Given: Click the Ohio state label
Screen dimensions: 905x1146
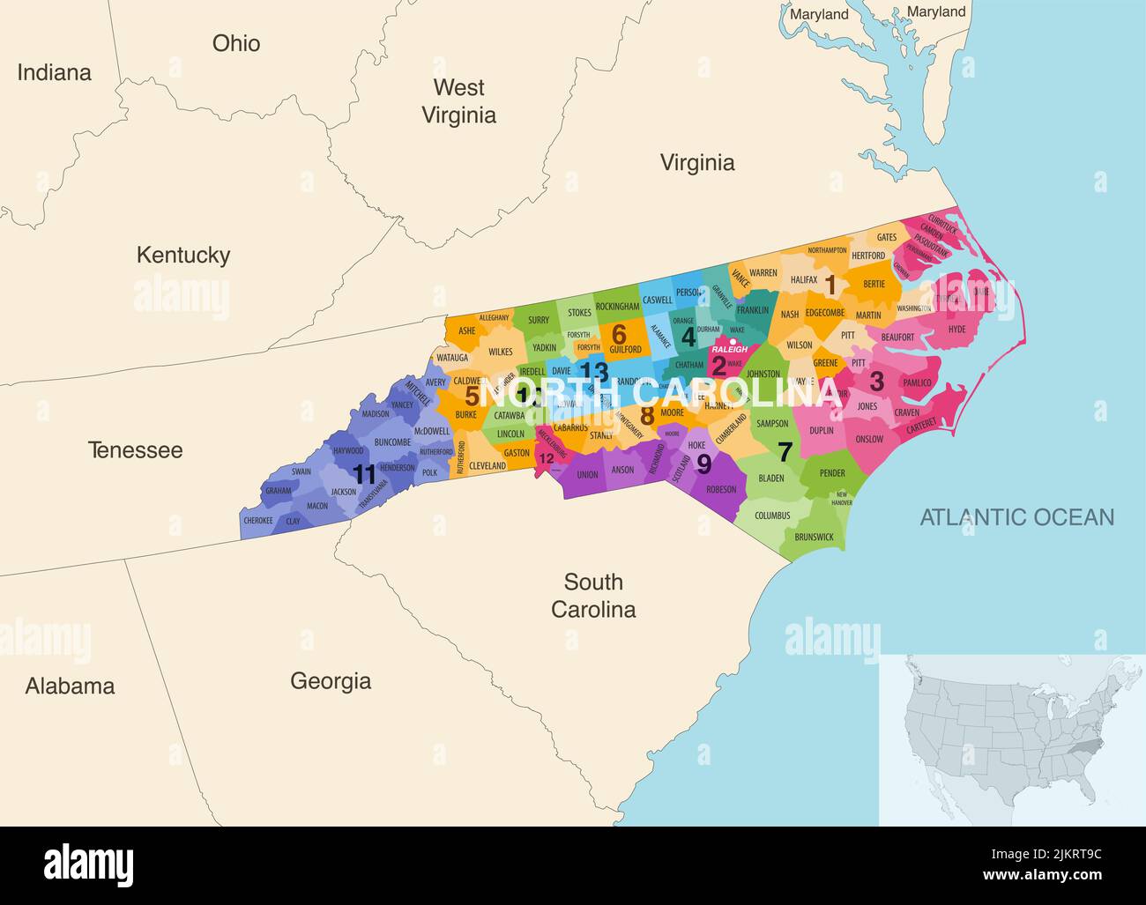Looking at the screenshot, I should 235,43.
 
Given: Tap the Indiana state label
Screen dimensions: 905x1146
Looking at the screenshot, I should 54,72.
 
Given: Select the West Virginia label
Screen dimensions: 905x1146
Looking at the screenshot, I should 458,100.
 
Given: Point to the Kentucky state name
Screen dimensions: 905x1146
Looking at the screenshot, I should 182,255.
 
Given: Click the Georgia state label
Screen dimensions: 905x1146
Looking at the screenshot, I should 331,680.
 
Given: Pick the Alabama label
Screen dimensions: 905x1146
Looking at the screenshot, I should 70,686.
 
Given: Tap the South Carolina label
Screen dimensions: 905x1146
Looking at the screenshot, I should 593,596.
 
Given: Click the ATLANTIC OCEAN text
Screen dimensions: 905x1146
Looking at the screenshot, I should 1016,517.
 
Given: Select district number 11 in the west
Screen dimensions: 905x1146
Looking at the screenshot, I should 364,473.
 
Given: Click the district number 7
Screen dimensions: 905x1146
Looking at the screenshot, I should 784,451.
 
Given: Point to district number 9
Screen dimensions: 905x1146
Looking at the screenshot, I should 703,463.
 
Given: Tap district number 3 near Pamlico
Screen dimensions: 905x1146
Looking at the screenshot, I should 876,381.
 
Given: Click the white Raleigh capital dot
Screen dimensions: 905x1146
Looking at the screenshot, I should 733,341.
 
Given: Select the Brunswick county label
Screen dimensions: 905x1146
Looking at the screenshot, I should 813,537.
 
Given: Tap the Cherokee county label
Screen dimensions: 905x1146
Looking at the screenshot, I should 257,521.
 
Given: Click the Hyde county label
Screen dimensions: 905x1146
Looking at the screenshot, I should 956,330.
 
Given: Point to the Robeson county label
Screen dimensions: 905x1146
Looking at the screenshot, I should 721,490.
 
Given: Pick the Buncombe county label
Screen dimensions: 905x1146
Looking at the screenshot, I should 391,442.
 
